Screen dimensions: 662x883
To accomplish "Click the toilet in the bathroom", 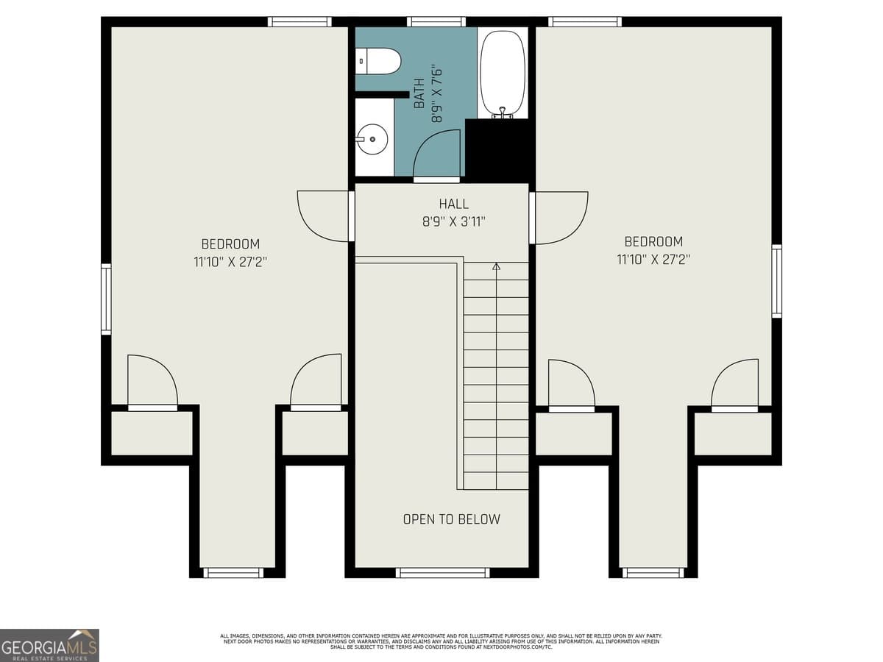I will pyautogui.click(x=378, y=61).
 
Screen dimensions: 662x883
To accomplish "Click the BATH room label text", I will pyautogui.click(x=419, y=93).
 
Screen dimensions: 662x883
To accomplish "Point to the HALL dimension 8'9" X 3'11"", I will pyautogui.click(x=454, y=221).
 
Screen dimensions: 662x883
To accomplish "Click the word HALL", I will pyautogui.click(x=454, y=204).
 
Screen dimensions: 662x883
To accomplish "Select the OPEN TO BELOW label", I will pyautogui.click(x=451, y=519).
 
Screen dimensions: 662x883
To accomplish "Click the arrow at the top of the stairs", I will pyautogui.click(x=496, y=266).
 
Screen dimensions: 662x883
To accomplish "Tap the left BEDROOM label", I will pyautogui.click(x=230, y=244).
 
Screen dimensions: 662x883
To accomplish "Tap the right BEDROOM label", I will pyautogui.click(x=653, y=241).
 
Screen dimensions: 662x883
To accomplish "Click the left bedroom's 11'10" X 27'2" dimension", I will pyautogui.click(x=230, y=261).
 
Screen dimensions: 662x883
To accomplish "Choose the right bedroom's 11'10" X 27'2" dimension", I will pyautogui.click(x=653, y=259).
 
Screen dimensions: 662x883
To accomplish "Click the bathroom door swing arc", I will pyautogui.click(x=437, y=154).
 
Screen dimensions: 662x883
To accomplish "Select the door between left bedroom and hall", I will pyautogui.click(x=324, y=216).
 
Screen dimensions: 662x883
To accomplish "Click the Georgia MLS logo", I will pyautogui.click(x=49, y=645).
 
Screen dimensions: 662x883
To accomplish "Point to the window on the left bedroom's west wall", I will pyautogui.click(x=106, y=299).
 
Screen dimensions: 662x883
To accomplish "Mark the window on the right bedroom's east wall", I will pyautogui.click(x=776, y=282).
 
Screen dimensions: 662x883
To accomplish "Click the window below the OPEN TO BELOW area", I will pyautogui.click(x=442, y=572).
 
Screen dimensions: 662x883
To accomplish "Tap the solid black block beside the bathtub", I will pyautogui.click(x=499, y=150).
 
